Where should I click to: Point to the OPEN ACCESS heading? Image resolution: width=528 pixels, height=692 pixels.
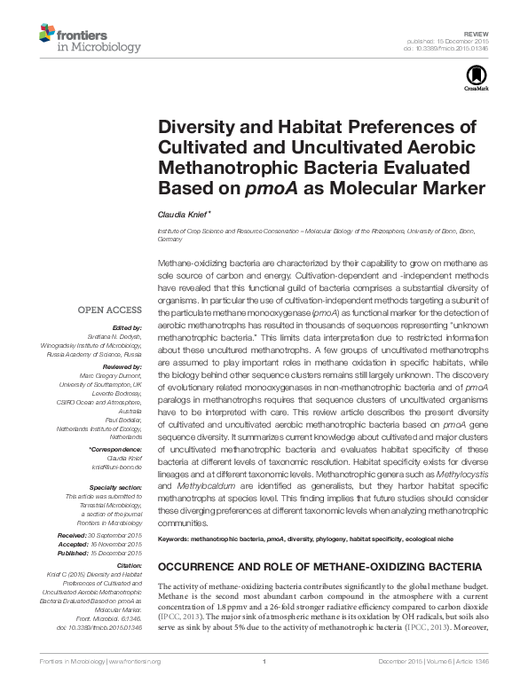click(110, 311)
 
